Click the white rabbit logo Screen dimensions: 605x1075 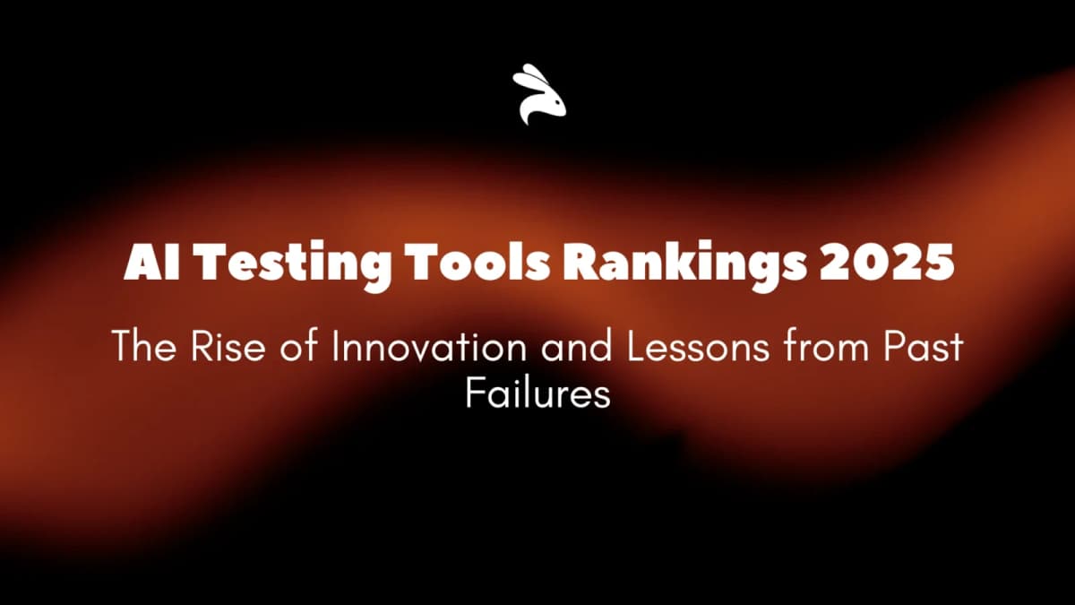click(539, 95)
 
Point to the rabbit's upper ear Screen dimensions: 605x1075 click(529, 74)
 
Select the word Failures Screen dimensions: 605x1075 click(537, 393)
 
